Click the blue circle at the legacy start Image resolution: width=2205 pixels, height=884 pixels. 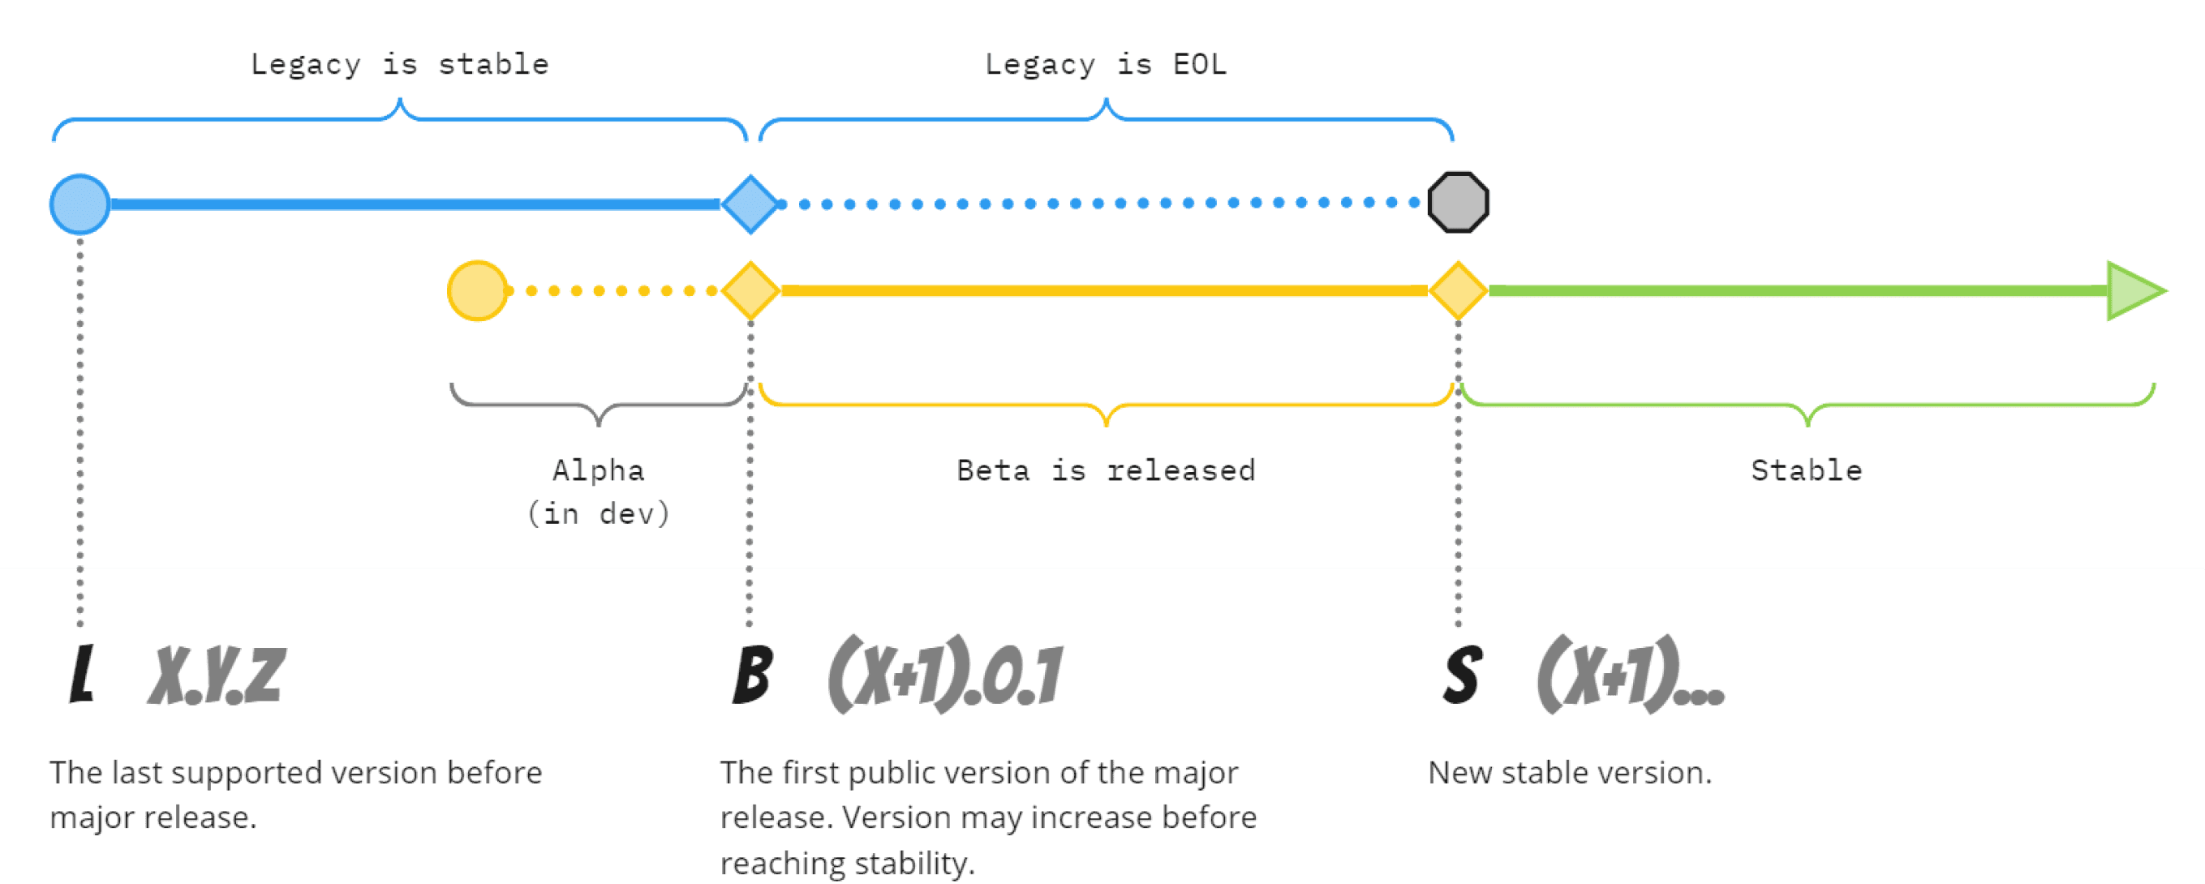(80, 204)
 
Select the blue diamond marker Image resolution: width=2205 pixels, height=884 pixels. (750, 204)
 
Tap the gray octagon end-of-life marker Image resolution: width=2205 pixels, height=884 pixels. (1458, 203)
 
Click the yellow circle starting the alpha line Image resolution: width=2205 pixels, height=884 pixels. (478, 291)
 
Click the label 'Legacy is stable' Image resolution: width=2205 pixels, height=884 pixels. (399, 64)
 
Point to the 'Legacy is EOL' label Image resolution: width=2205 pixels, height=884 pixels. (1105, 64)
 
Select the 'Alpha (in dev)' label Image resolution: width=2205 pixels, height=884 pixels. (599, 492)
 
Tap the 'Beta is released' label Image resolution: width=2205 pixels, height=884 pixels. (1105, 470)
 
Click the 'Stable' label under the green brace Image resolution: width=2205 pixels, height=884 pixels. (1806, 470)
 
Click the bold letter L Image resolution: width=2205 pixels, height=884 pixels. (81, 673)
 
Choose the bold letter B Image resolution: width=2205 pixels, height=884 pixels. (752, 674)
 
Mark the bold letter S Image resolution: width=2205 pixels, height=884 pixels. (1462, 674)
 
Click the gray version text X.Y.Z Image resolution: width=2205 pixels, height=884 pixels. (216, 676)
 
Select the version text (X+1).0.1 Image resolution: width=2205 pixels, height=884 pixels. (945, 674)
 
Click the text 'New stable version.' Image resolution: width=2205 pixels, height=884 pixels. (1570, 772)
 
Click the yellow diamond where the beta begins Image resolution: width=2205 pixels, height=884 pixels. (750, 291)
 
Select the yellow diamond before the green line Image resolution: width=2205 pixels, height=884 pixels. (1458, 291)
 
